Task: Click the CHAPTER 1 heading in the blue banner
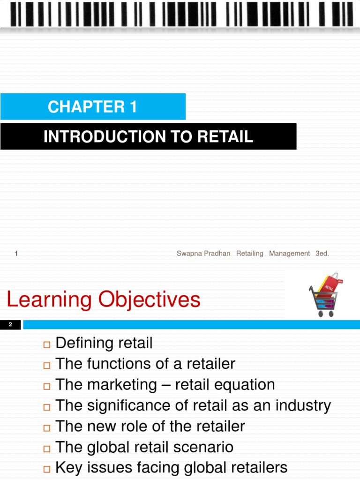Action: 92,107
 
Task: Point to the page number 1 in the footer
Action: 16,254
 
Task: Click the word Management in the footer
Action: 289,254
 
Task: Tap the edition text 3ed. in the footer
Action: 322,254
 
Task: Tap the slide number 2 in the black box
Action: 10,325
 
